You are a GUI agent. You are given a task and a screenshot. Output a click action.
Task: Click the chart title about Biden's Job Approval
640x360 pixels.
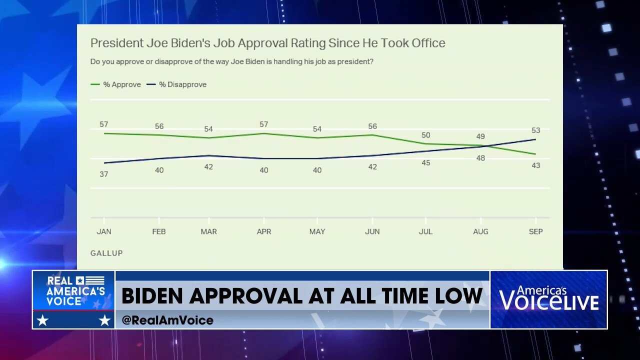[x=267, y=43]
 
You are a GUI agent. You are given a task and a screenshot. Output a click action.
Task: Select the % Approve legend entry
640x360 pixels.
[x=116, y=84]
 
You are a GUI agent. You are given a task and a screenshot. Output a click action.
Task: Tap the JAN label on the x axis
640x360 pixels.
[x=103, y=231]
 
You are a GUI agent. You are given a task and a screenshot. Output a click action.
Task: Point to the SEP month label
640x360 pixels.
[x=535, y=231]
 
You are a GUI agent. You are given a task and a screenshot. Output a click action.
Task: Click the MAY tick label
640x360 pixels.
[x=317, y=231]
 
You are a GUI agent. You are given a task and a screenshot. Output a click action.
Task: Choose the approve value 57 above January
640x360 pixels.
[x=103, y=124]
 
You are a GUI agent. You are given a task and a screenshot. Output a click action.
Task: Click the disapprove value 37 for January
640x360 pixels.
[x=103, y=174]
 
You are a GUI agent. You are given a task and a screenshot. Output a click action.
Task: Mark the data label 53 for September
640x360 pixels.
[x=535, y=130]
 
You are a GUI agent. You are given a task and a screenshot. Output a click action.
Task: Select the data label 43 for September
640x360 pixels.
[x=535, y=165]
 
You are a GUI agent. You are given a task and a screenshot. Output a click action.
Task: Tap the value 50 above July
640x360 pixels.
[x=425, y=135]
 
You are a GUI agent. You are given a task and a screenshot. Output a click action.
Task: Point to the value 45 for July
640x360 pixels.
[x=425, y=163]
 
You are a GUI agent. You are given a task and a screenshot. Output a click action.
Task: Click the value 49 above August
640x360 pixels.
[x=480, y=137]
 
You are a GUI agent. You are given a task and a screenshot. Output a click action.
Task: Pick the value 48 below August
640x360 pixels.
[x=480, y=158]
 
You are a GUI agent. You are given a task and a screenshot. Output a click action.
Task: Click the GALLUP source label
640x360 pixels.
[x=106, y=253]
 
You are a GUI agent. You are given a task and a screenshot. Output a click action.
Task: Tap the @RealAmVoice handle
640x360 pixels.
[x=167, y=320]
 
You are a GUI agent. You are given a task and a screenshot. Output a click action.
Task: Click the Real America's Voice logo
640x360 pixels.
[x=74, y=299]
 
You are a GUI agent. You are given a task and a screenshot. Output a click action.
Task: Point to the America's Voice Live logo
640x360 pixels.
[x=548, y=299]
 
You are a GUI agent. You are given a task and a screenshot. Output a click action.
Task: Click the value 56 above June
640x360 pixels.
[x=372, y=126]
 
